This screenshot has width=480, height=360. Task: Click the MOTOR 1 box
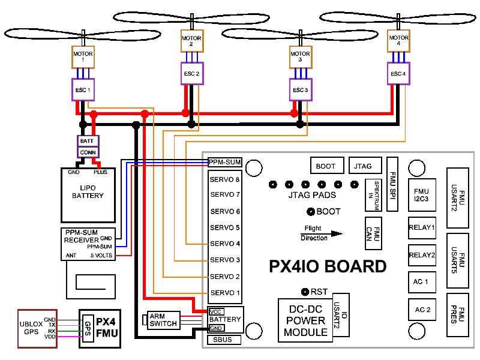[x=83, y=58]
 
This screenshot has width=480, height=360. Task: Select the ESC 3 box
[x=301, y=90]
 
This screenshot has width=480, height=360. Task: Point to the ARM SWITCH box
[x=162, y=320]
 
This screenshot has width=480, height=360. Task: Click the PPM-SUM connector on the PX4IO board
[x=225, y=162]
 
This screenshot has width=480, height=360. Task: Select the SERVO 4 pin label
[x=225, y=244]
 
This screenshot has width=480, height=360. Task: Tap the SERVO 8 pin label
[x=225, y=179]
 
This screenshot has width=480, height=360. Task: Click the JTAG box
[x=364, y=165]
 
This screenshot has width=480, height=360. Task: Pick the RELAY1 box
[x=421, y=227]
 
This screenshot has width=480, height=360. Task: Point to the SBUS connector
[x=223, y=340]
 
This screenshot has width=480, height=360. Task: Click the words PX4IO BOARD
[x=328, y=266]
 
